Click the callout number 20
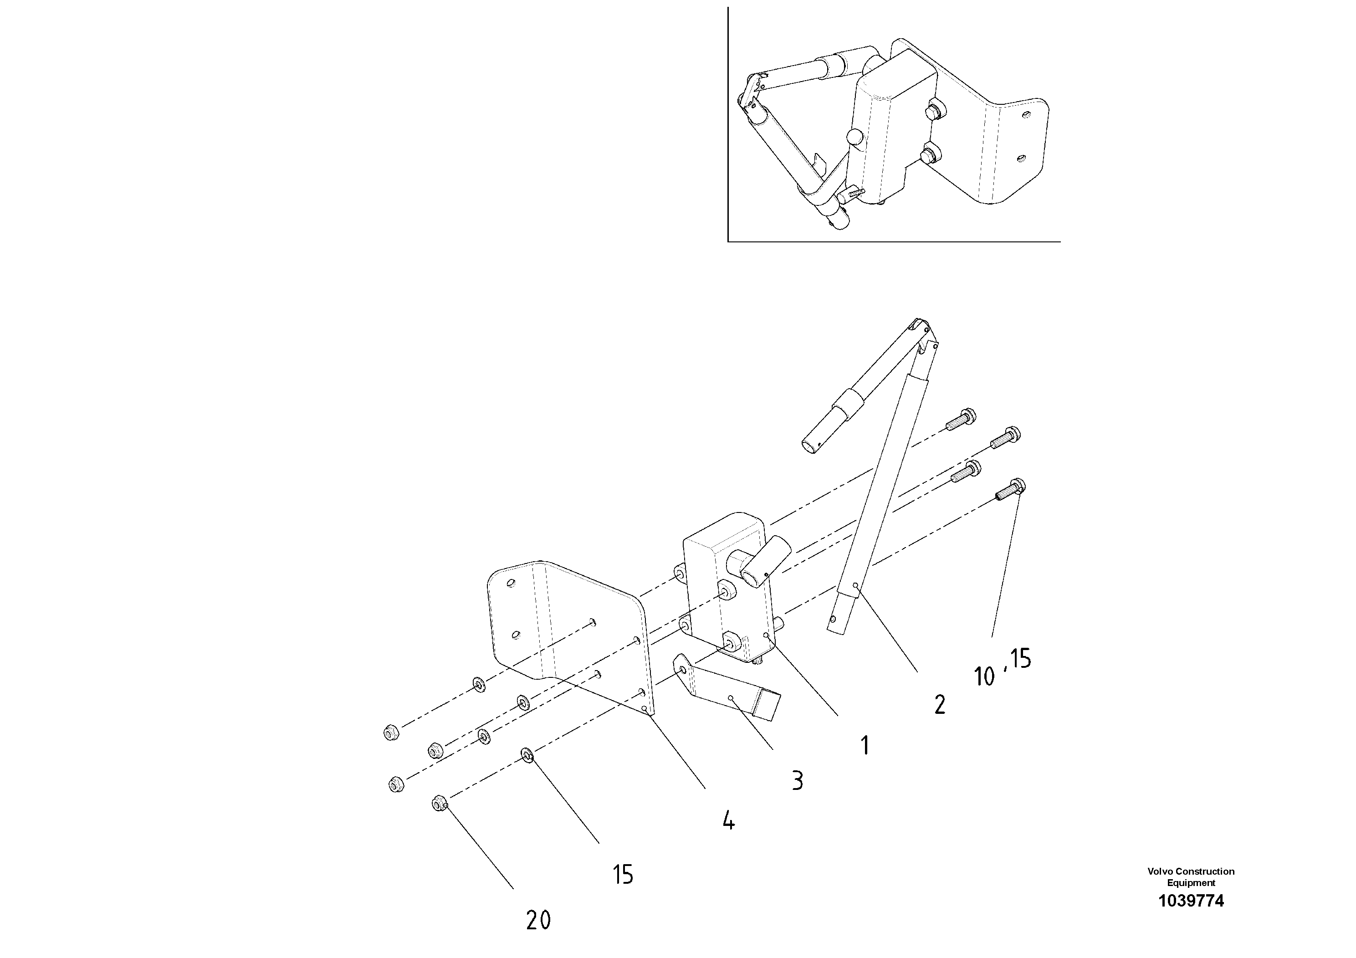click(538, 920)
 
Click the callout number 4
click(728, 820)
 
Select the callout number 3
click(797, 781)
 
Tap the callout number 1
click(865, 745)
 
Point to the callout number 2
click(939, 705)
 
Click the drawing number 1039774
click(1191, 901)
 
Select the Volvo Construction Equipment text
click(1191, 876)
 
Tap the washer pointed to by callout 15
click(527, 755)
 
